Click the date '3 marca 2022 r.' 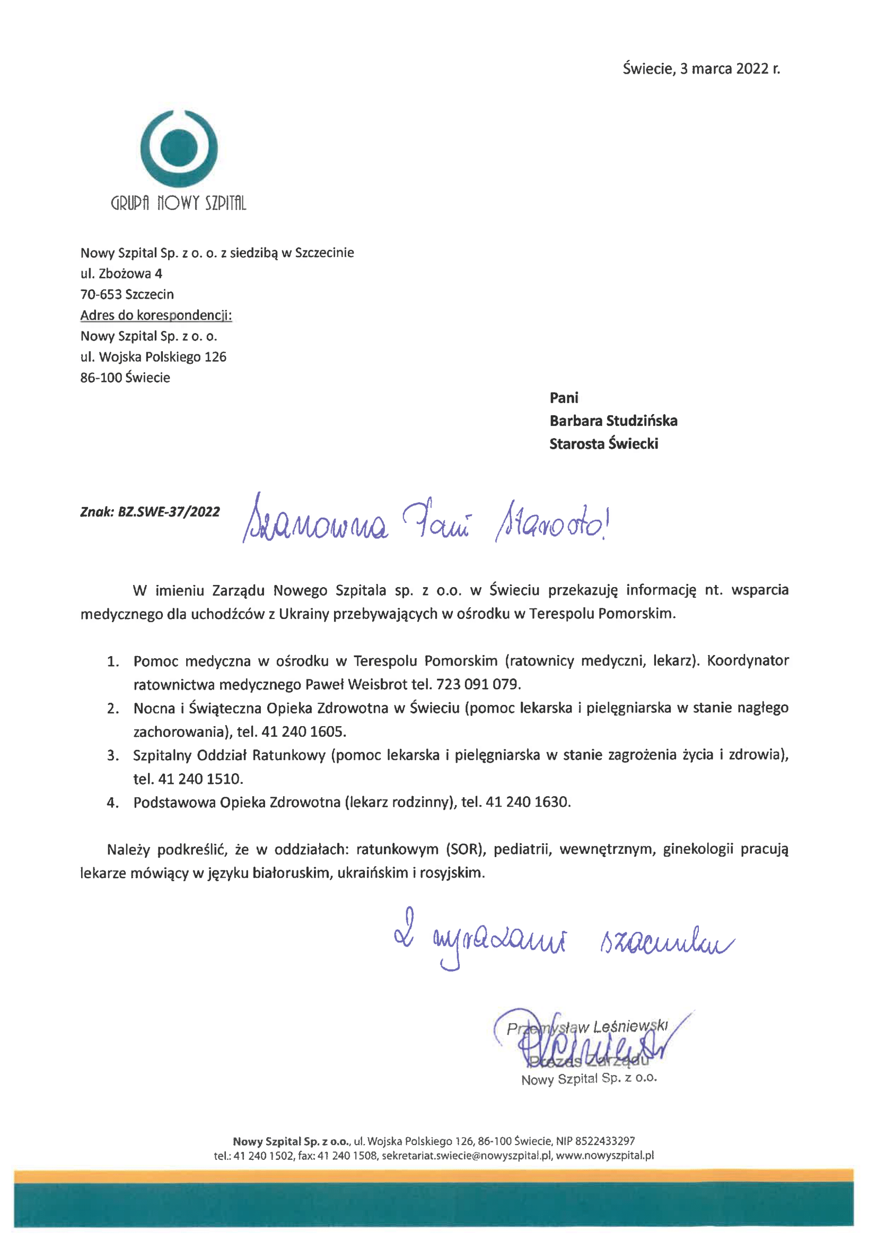point(730,69)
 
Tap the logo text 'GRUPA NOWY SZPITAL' point(178,203)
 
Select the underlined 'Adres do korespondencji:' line point(156,315)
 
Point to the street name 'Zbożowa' point(125,273)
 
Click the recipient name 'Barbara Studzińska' point(613,421)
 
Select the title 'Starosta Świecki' point(603,444)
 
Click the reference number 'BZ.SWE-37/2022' point(169,511)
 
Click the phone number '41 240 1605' point(303,732)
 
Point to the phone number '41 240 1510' point(200,779)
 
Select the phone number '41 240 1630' point(528,802)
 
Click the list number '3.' point(113,755)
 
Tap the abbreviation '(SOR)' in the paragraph point(466,850)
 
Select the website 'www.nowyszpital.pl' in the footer point(604,1155)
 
